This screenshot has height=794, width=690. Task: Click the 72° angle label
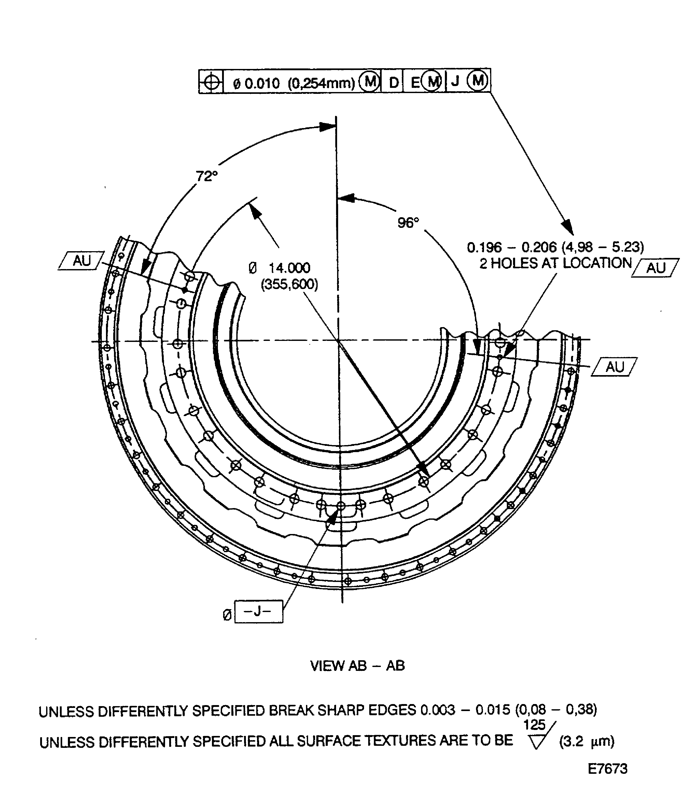coord(207,177)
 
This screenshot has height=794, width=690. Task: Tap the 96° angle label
coord(408,223)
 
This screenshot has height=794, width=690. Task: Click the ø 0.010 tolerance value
coord(257,83)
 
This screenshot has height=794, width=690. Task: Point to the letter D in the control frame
coord(393,82)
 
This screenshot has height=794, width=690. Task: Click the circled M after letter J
coord(478,81)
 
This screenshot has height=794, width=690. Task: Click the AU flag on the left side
coord(82,261)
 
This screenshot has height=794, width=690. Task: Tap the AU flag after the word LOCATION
coord(655,268)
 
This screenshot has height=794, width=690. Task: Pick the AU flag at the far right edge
coord(615,367)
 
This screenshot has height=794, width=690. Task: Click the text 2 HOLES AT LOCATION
coord(555,263)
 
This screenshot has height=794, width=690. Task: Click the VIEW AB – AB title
coord(357,666)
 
